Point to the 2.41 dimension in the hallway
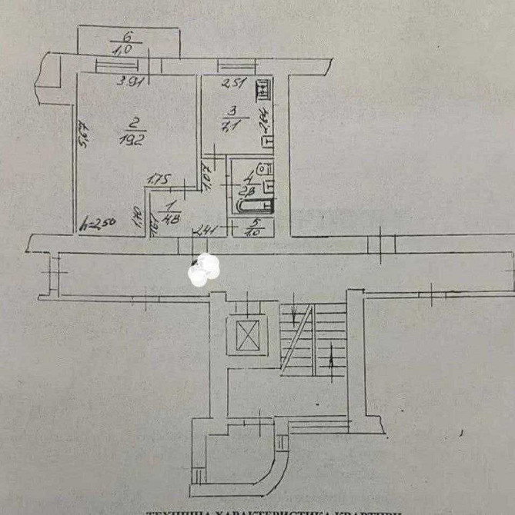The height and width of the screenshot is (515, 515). pos(206,228)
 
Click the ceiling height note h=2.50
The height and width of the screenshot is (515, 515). pos(99,224)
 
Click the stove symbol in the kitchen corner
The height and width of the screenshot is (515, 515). pos(263,89)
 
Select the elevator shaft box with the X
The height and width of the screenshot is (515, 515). pos(249,334)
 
